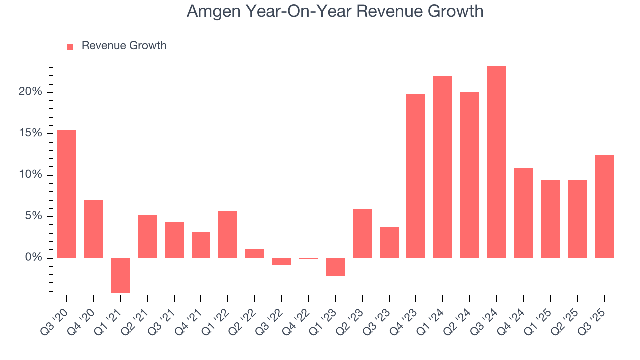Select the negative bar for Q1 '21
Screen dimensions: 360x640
[120, 275]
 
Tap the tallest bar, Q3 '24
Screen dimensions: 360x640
[496, 162]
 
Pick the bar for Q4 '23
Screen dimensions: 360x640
[416, 176]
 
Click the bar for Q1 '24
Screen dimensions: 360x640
[443, 167]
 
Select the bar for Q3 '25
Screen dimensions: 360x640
[604, 207]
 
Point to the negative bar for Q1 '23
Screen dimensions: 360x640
[335, 267]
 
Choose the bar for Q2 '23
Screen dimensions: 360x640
[362, 233]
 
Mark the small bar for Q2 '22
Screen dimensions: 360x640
[255, 253]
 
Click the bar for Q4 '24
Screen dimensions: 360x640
[523, 213]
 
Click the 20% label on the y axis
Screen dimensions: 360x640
[30, 92]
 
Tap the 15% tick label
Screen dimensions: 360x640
[30, 133]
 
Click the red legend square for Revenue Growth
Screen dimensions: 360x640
[70, 46]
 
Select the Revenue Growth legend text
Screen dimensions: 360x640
[124, 46]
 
